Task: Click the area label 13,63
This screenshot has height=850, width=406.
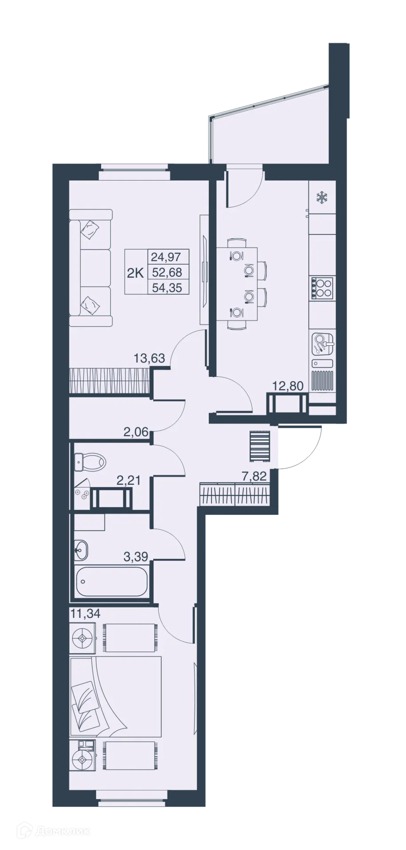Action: click(149, 358)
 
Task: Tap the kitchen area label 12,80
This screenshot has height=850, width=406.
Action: click(288, 386)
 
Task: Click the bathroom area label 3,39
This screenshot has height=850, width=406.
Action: click(135, 556)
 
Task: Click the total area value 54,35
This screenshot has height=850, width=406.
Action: click(167, 288)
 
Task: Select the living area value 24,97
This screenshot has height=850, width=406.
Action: click(167, 256)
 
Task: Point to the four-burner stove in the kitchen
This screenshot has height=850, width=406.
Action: click(322, 287)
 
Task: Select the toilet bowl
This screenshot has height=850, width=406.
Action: click(91, 462)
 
